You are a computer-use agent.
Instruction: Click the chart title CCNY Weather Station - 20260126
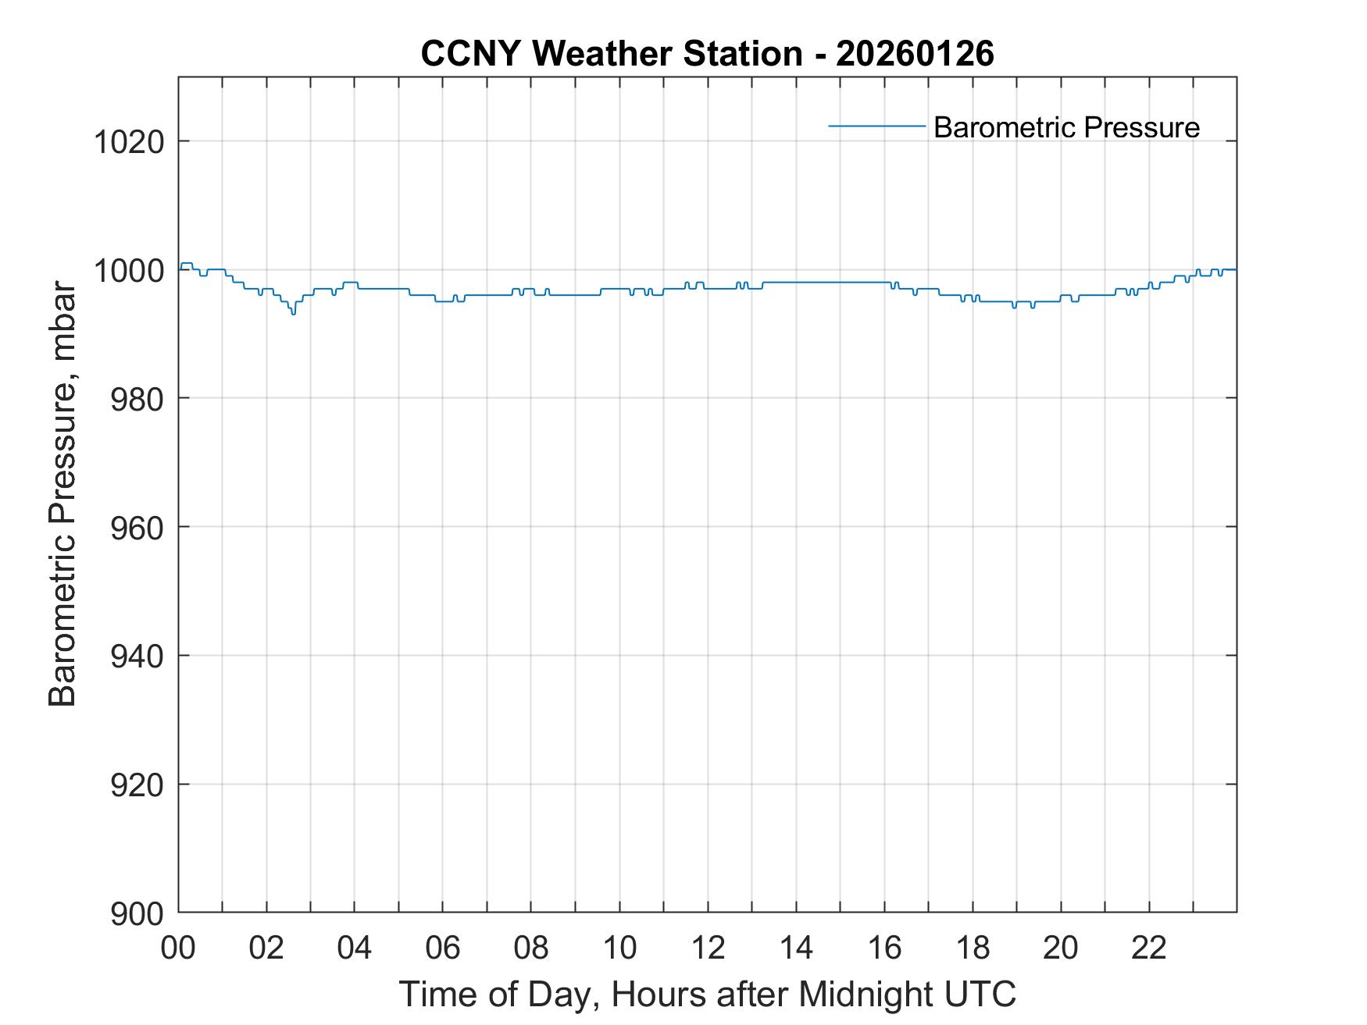click(707, 54)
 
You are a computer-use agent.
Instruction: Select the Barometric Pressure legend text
click(1066, 127)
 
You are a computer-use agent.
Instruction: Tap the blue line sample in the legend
click(876, 126)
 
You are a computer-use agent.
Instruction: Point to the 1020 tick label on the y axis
click(128, 142)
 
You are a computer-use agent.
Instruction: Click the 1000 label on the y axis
click(128, 271)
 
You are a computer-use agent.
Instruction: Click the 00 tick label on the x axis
click(178, 948)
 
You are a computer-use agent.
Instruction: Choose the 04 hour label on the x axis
click(355, 948)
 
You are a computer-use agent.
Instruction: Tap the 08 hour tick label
click(531, 948)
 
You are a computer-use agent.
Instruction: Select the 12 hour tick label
click(708, 948)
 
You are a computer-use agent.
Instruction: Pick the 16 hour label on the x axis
click(884, 948)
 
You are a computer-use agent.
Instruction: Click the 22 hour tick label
click(1149, 948)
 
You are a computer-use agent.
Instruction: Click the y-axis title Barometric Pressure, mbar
click(62, 495)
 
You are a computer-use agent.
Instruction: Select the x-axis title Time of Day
click(707, 994)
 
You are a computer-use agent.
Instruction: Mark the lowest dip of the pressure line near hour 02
click(293, 313)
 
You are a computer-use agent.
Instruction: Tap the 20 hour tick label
click(1061, 948)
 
